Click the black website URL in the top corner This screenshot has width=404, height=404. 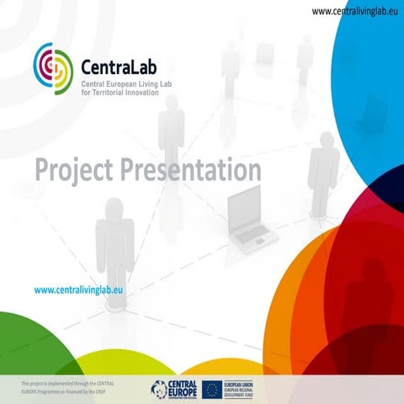point(355,11)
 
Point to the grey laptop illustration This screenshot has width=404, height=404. point(251,215)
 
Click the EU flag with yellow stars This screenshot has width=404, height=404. point(211,388)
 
